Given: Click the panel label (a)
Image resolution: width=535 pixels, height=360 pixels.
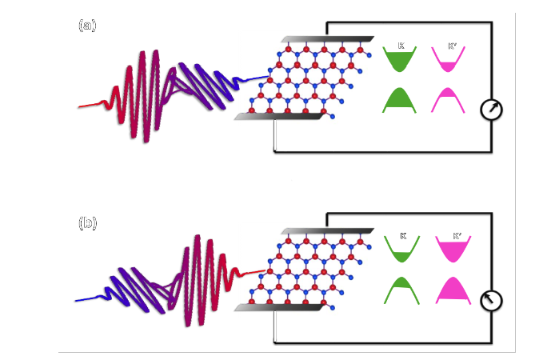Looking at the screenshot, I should pos(87,26).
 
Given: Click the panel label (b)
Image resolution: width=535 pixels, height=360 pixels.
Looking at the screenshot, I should pos(87,223).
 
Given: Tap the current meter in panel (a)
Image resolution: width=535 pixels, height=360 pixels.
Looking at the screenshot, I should pos(491,110).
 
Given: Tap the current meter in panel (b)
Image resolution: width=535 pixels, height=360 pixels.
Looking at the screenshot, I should pos(491,300).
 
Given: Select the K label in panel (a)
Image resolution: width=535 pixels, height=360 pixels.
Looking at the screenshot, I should pos(400,47).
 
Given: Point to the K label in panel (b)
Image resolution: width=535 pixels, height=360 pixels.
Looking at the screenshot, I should pos(402,237).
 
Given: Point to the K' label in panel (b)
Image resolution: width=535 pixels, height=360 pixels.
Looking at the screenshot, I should pos(457,237).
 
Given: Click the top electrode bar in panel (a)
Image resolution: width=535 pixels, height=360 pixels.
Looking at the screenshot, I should pos(328,39).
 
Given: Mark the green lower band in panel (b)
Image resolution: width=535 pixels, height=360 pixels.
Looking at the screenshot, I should pos(401,290).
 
